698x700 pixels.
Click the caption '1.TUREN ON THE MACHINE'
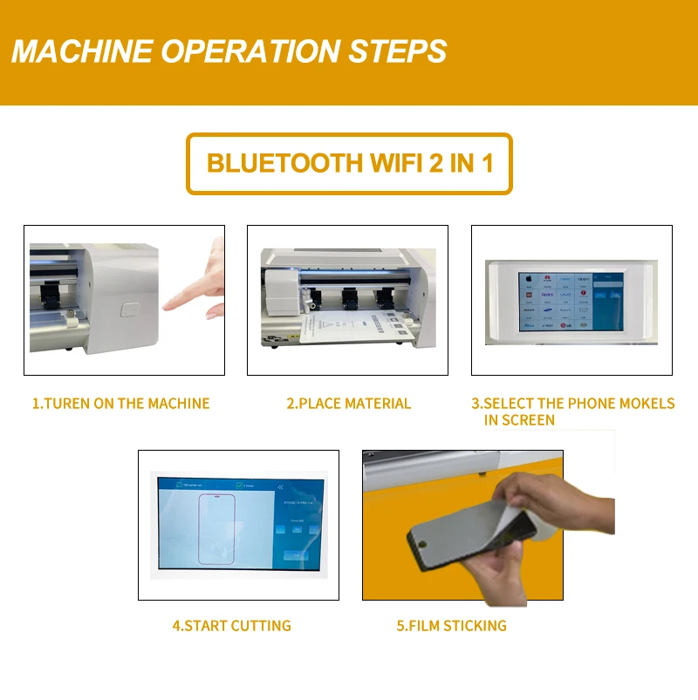click(x=120, y=404)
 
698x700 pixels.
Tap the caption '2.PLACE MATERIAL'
click(x=348, y=404)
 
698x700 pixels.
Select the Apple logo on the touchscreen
click(x=527, y=279)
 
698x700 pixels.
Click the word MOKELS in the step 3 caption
click(x=645, y=404)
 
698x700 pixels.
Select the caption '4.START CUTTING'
click(x=231, y=626)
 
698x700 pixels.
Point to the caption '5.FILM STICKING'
click(x=451, y=626)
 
